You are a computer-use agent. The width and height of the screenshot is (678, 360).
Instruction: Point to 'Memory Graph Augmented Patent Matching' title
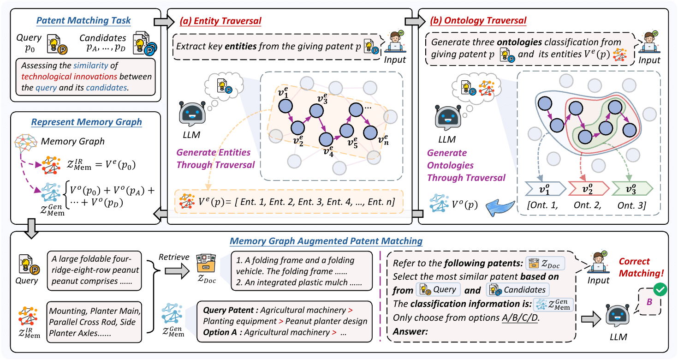pos(326,240)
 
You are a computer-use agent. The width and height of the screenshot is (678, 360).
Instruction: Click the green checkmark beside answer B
pos(661,290)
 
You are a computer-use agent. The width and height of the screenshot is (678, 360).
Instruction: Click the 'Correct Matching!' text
pos(641,267)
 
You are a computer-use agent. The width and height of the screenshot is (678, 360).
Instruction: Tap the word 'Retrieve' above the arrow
pos(173,256)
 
